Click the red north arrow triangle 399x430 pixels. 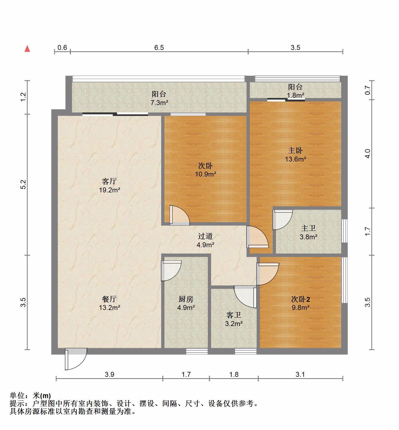(x=27, y=49)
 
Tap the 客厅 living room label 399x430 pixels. (x=109, y=181)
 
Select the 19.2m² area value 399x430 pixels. (x=110, y=190)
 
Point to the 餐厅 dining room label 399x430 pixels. (x=109, y=299)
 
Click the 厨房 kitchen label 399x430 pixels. (x=186, y=299)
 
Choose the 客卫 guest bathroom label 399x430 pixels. (x=234, y=315)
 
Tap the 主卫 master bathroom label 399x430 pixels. (x=308, y=228)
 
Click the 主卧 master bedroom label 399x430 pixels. (x=295, y=150)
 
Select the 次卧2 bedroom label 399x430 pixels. (x=301, y=299)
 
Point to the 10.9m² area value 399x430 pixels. (x=206, y=174)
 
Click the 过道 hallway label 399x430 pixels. (x=205, y=236)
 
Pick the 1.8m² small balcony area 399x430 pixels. (x=296, y=95)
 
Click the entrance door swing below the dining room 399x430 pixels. (x=76, y=359)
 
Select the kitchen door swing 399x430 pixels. (x=171, y=271)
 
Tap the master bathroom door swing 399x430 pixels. (x=283, y=220)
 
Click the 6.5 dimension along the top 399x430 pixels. (x=159, y=47)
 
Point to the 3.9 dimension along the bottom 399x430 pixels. (x=109, y=374)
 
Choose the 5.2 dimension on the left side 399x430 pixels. (x=23, y=184)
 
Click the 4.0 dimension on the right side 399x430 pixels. (x=368, y=154)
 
